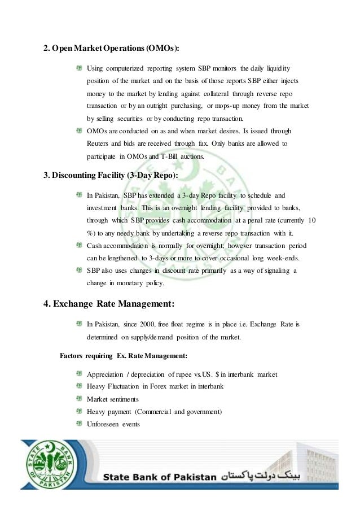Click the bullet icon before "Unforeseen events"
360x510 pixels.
pyautogui.click(x=80, y=424)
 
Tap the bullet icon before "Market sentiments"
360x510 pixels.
pyautogui.click(x=80, y=399)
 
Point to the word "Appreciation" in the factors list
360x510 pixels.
pyautogui.click(x=106, y=374)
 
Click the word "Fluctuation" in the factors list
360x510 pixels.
pyautogui.click(x=128, y=386)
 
